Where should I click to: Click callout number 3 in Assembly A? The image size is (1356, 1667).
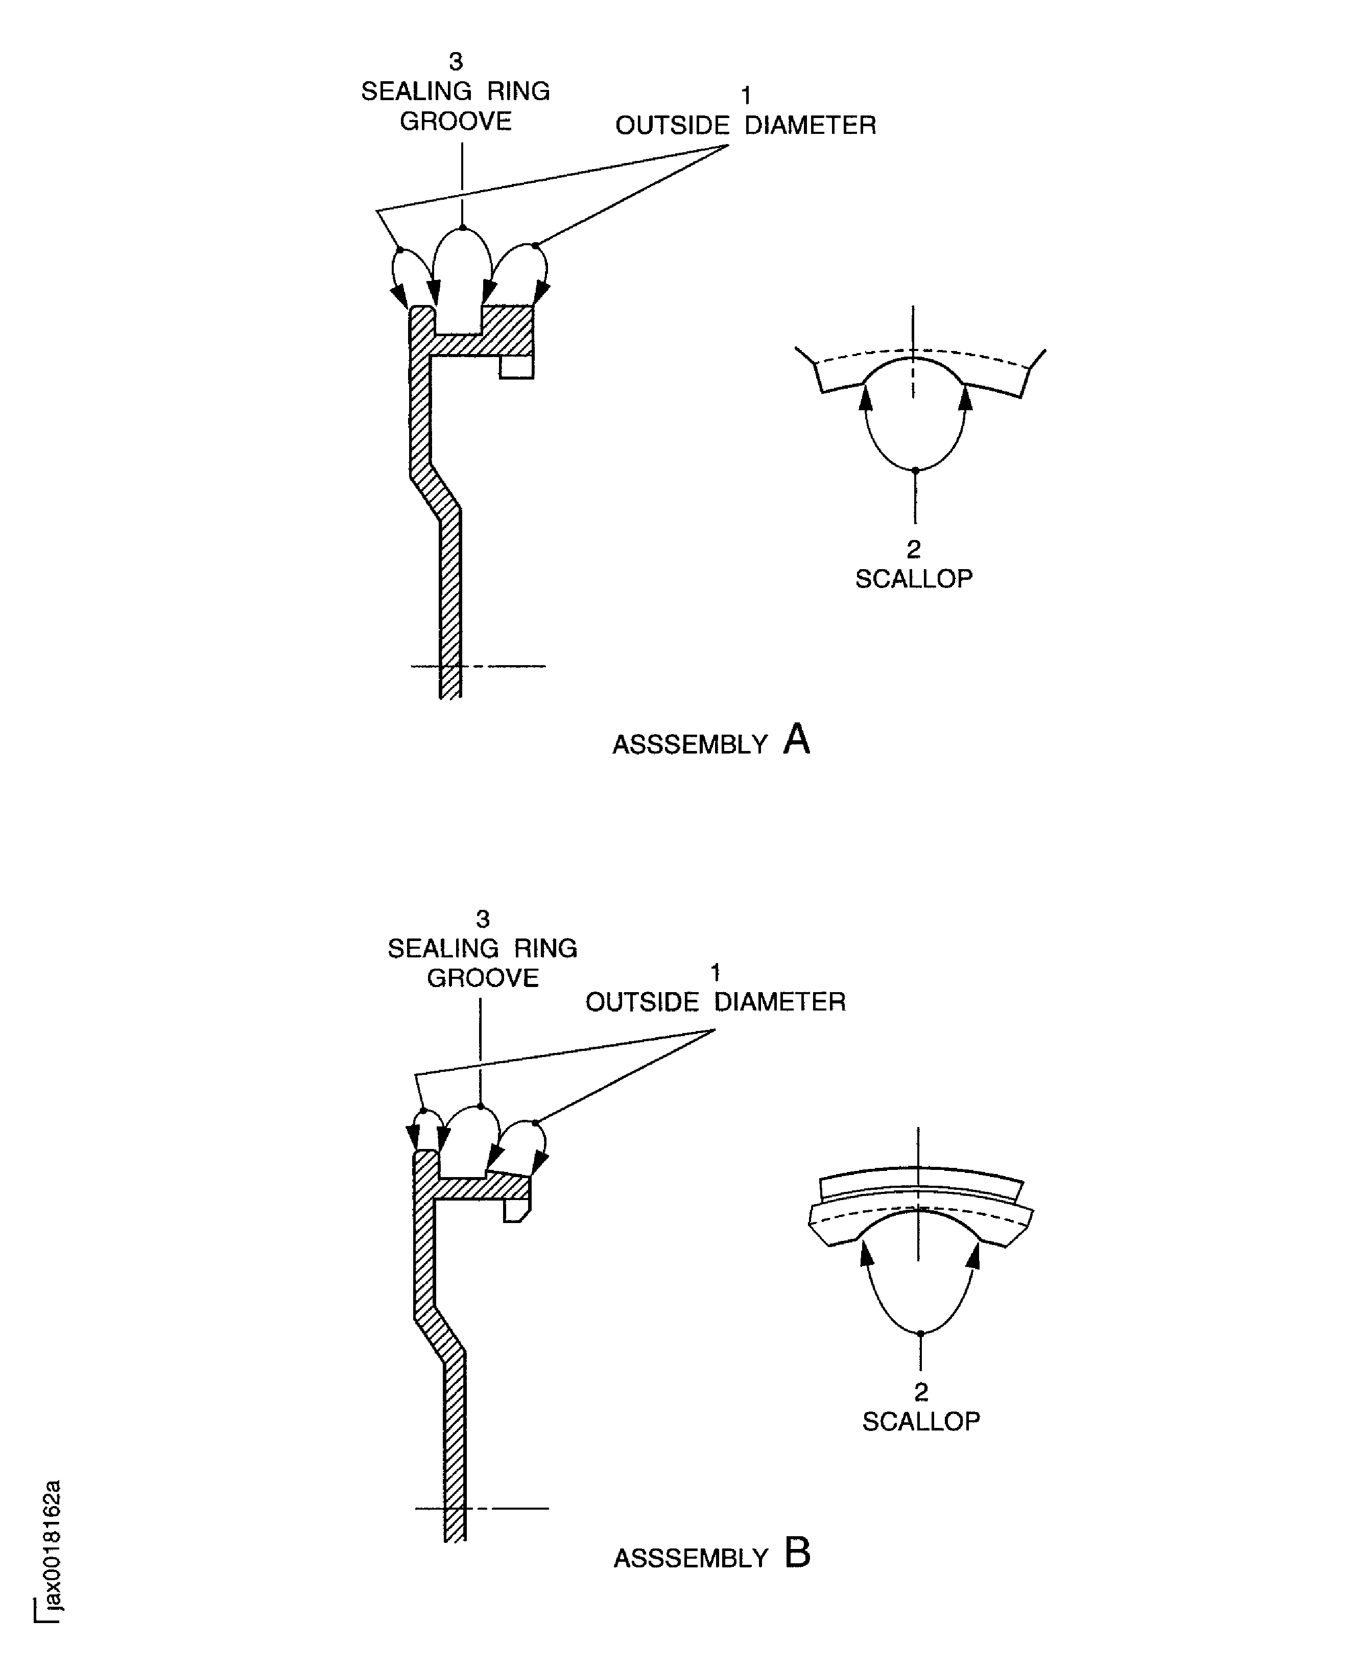tap(456, 61)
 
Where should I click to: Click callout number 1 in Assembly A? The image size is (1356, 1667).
tap(746, 96)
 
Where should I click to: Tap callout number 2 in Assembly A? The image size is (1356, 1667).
tap(913, 549)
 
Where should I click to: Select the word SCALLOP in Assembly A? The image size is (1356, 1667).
tap(914, 579)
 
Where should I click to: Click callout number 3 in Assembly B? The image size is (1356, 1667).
tap(483, 919)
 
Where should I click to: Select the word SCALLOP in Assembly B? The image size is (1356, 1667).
tap(921, 1421)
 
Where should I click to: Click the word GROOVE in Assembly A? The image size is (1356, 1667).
tap(456, 121)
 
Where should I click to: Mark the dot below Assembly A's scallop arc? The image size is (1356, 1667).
tap(915, 470)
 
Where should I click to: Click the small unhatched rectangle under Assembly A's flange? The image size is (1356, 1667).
tap(516, 367)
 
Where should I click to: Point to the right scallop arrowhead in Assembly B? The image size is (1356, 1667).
tap(973, 1255)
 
